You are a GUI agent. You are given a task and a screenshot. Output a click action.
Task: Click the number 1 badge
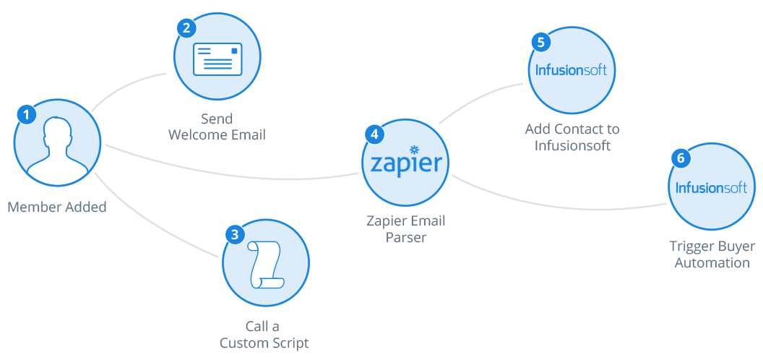click(x=27, y=114)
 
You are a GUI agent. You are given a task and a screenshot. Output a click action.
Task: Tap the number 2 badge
click(x=186, y=28)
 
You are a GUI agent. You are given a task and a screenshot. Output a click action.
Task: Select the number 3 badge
click(x=234, y=234)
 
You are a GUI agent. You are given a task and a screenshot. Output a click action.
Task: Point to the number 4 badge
click(x=374, y=134)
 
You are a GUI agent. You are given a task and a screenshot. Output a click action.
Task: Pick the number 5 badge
click(x=540, y=42)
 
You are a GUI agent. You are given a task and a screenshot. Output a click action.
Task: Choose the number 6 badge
click(x=680, y=158)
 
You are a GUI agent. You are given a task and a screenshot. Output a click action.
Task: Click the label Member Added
click(x=57, y=207)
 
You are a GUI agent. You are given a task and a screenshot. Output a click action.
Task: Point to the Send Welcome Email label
click(x=217, y=127)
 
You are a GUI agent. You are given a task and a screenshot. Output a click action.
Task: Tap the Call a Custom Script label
click(x=264, y=335)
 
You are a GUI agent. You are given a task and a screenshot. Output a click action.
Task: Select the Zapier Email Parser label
click(x=405, y=228)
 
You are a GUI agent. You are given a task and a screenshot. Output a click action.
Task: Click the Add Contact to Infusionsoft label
click(x=572, y=137)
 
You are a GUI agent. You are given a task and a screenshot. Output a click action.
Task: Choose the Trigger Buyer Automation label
click(x=712, y=254)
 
